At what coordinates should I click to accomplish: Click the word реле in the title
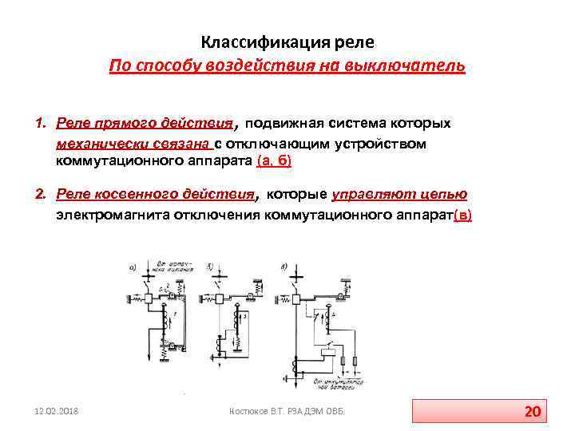tap(352, 41)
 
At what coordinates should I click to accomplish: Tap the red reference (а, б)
tap(274, 161)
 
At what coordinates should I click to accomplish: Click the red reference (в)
tap(462, 215)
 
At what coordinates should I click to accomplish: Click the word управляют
tap(367, 194)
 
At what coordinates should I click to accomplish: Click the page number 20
tap(533, 412)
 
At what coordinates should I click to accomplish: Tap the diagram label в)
tap(285, 264)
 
